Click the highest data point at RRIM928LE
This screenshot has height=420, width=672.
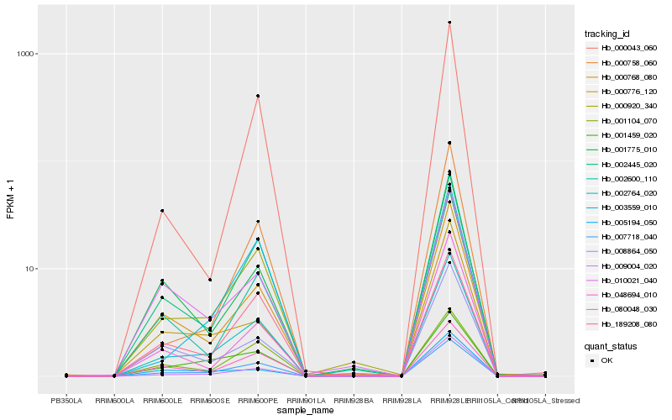pos(449,23)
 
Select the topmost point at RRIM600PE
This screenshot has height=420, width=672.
pos(258,96)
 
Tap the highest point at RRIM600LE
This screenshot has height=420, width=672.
pos(162,211)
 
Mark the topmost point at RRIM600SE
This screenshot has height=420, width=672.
pos(210,280)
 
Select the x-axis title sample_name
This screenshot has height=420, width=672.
pos(306,410)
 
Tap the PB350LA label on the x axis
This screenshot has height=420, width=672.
pos(66,400)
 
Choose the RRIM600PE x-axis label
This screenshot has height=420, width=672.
pos(258,400)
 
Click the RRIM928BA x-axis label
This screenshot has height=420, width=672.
pos(354,400)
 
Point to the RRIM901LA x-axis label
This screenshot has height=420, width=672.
pos(306,400)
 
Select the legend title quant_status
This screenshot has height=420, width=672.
pos(611,345)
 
